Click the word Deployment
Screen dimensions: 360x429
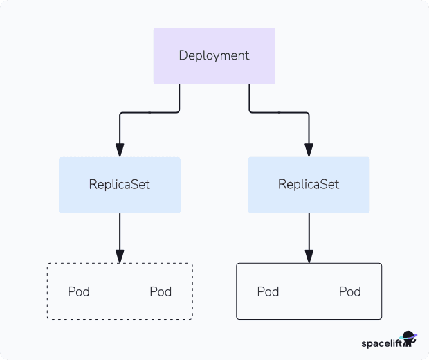coord(214,56)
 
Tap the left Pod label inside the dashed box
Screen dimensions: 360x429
coord(79,291)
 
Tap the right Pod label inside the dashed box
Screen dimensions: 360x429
coord(161,291)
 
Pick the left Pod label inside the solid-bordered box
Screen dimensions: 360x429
coord(268,291)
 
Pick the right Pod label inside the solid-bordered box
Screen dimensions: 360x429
coord(350,291)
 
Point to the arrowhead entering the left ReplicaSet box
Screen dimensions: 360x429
coord(120,150)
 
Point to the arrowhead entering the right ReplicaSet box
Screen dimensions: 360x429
coord(309,150)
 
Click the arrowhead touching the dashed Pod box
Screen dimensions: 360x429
coord(120,257)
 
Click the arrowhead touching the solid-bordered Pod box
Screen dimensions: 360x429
coord(309,257)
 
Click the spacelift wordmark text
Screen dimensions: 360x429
coord(381,343)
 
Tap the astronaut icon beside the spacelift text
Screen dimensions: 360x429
coord(409,339)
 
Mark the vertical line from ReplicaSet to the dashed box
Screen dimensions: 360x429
coord(120,232)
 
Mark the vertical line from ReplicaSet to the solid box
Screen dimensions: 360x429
coord(309,232)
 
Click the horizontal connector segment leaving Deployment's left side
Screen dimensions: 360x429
coord(149,111)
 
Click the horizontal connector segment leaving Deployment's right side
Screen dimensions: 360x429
coord(279,111)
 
